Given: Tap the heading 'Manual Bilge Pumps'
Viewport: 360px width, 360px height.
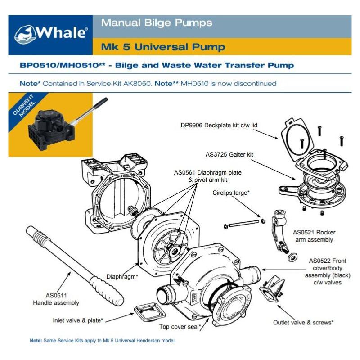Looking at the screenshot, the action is tap(157, 23).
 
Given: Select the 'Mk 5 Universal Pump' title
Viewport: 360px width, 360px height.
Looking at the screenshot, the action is tap(163, 47).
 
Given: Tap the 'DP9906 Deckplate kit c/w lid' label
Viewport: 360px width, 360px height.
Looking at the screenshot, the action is tap(219, 126).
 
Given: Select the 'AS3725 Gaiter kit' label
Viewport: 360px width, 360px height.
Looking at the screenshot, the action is tap(229, 154).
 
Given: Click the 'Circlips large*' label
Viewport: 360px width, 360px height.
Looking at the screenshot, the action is tap(231, 193).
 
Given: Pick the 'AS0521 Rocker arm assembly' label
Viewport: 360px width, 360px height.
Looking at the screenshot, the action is tap(314, 236).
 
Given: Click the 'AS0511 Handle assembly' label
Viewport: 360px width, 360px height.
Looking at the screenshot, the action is tap(56, 299).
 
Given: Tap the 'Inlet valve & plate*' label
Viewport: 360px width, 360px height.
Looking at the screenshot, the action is tap(78, 320).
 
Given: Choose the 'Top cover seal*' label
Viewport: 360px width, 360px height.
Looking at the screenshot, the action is tap(180, 327).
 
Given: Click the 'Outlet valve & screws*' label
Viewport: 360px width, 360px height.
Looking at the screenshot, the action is tap(303, 323).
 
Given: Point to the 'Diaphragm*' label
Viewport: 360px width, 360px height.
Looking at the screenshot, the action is tap(122, 277).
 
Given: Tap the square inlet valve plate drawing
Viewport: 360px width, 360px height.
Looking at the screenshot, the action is tap(149, 312).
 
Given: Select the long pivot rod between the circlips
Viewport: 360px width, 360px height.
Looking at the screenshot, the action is tap(243, 224).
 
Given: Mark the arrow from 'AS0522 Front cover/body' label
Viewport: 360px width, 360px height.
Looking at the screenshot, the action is tap(284, 270).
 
